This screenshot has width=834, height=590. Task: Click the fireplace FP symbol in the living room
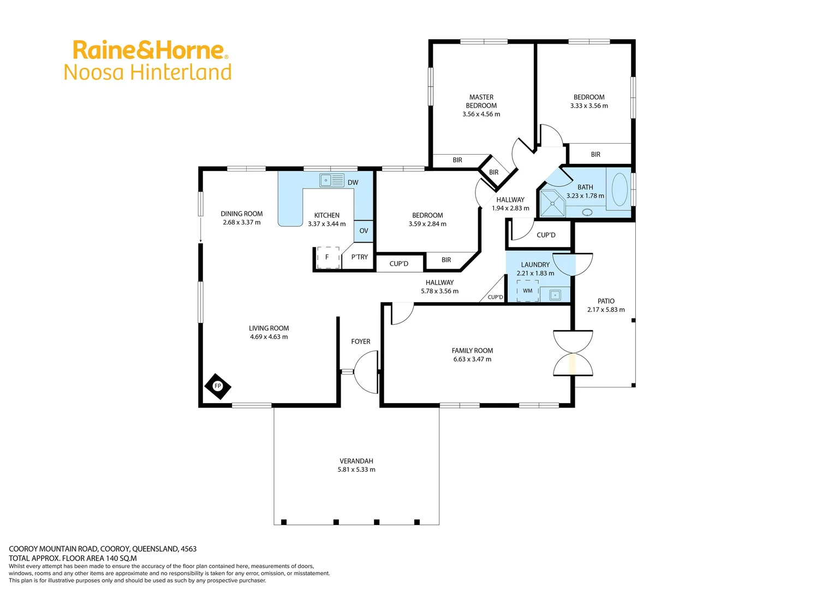218,386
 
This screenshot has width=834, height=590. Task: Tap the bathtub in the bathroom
619,190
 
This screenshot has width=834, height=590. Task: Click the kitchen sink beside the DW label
332,180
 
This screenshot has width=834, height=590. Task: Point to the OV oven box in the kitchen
364,231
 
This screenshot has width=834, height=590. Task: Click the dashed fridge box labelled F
327,257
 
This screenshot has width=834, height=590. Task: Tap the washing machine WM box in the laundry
527,291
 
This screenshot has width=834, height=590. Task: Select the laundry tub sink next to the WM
555,295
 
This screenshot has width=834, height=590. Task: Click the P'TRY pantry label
359,257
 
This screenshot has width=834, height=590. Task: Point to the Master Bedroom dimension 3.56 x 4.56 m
481,114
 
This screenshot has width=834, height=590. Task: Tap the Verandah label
356,461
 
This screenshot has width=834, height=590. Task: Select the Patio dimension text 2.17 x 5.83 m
606,310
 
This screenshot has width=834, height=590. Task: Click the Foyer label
360,341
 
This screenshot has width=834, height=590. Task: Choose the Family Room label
472,351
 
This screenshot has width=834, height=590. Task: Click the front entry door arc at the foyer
366,371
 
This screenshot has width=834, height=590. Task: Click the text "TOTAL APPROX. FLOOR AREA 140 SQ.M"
73,558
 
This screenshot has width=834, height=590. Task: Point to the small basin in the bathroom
587,212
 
